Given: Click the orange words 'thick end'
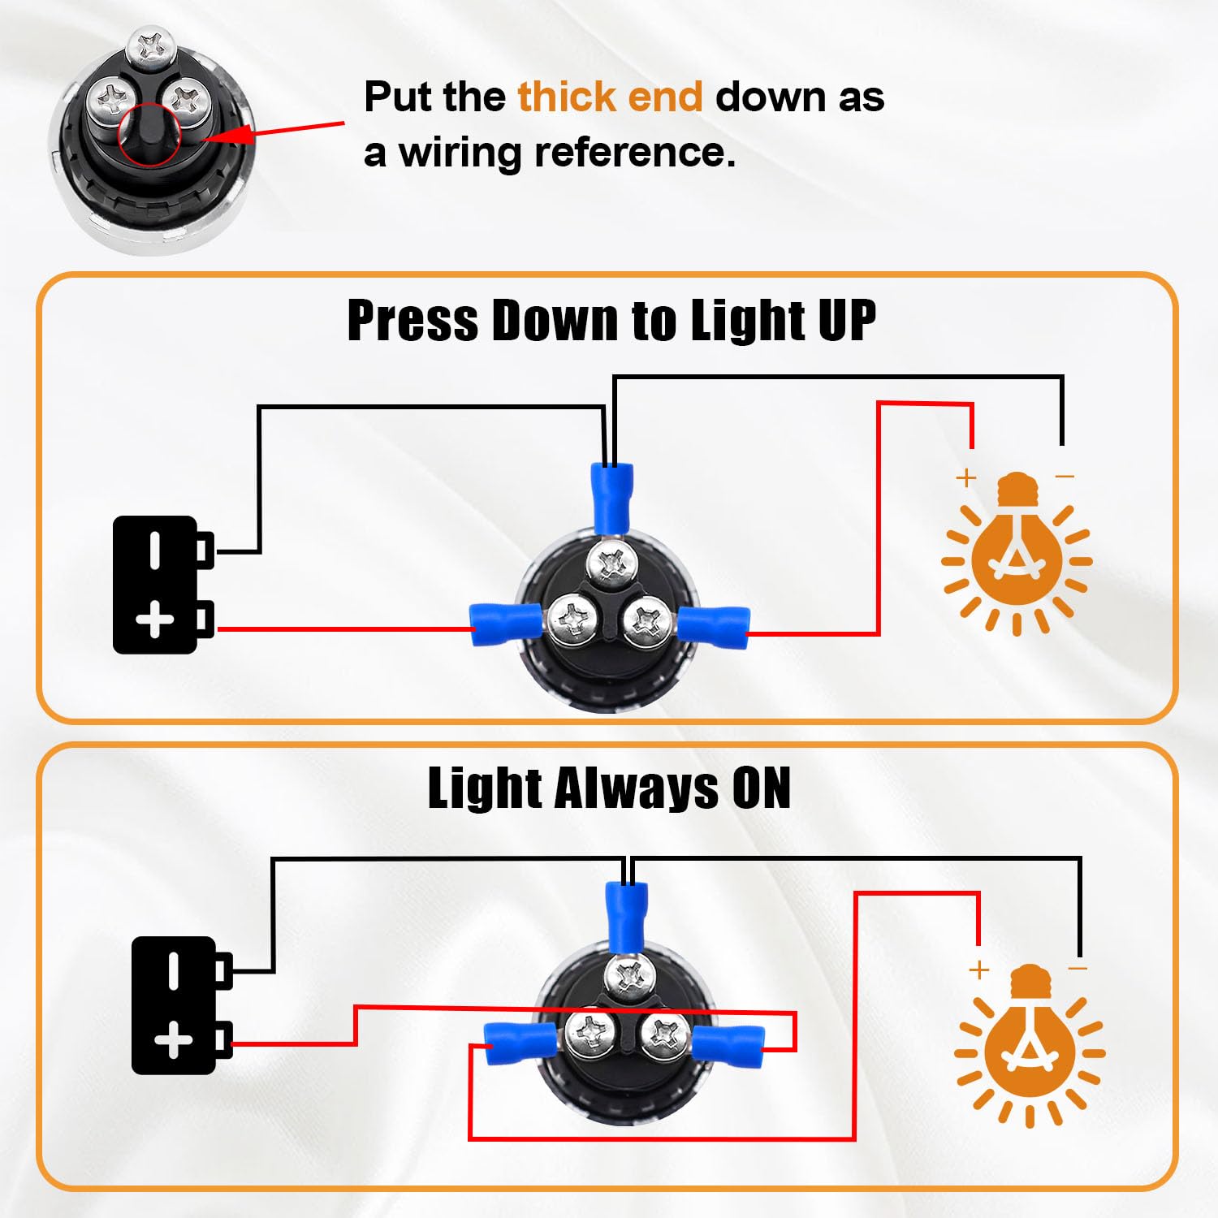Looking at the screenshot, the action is pos(610,97).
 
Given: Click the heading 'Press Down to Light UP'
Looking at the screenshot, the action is pos(611,321).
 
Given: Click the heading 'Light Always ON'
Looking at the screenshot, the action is pos(609,788).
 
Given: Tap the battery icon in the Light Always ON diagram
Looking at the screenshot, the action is pos(182,1005).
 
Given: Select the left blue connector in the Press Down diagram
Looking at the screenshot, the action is pos(506,624).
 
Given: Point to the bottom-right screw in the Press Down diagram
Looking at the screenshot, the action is pos(647,622).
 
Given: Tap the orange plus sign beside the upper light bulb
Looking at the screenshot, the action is pos(965,477).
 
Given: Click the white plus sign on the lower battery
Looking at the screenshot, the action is pos(173,1040).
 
